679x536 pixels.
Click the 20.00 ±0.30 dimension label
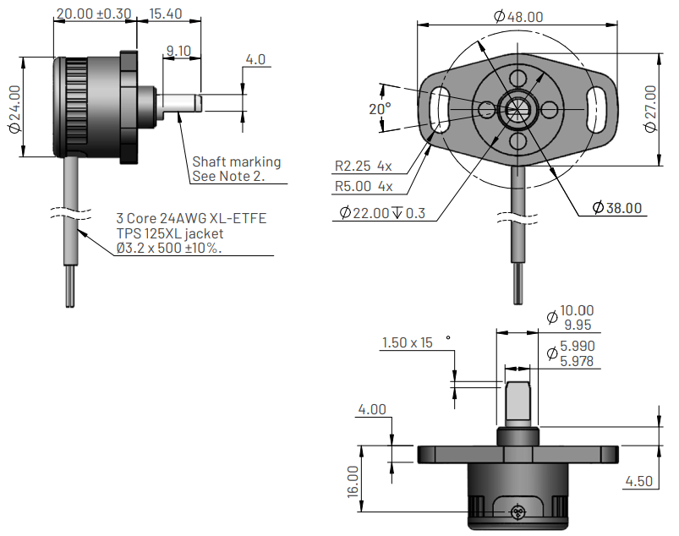[x=94, y=14]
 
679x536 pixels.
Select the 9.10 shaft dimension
[x=179, y=51]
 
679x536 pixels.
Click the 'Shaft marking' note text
[x=237, y=161]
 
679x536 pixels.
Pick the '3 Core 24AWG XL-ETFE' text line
[x=191, y=218]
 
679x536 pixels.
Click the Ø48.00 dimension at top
[x=517, y=16]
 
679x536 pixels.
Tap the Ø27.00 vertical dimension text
[x=650, y=108]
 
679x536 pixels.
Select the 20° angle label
[x=381, y=109]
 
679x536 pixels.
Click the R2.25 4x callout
[x=364, y=166]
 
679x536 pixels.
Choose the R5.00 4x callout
[x=364, y=187]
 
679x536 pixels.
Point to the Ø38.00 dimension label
[x=617, y=208]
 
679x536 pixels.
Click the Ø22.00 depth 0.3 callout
[x=383, y=213]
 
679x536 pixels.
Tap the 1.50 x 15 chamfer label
[x=408, y=343]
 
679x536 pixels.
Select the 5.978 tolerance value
[x=578, y=361]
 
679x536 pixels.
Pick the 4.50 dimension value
[x=640, y=481]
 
